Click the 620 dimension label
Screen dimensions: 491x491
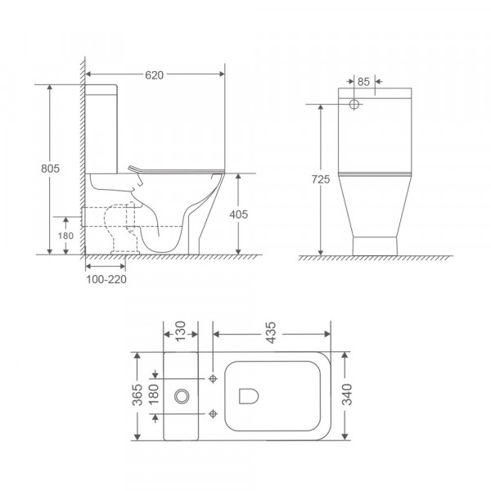pyautogui.click(x=155, y=74)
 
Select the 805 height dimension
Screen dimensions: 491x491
pyautogui.click(x=50, y=168)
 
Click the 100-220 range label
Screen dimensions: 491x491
pyautogui.click(x=106, y=279)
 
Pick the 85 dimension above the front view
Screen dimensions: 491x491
pyautogui.click(x=366, y=82)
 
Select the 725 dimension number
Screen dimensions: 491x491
pyautogui.click(x=321, y=180)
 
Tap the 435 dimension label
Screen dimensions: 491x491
pyautogui.click(x=272, y=325)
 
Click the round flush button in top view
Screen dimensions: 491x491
pyautogui.click(x=181, y=396)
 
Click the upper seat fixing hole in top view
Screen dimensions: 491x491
pyautogui.click(x=213, y=379)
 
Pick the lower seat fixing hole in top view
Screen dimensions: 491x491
pyautogui.click(x=213, y=413)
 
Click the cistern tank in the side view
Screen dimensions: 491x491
pyautogui.click(x=102, y=127)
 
